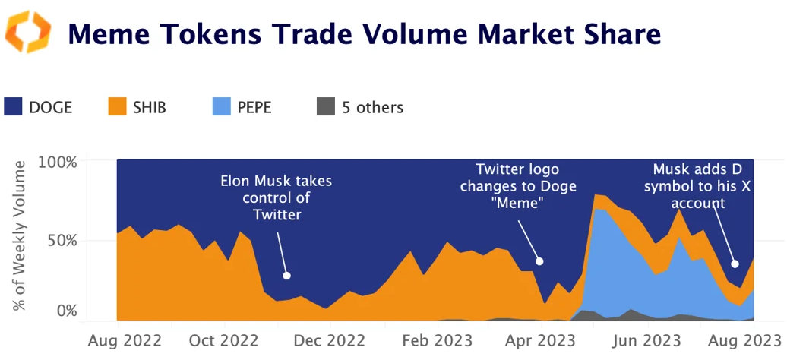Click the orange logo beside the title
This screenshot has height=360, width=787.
28,32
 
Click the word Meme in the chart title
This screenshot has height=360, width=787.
112,34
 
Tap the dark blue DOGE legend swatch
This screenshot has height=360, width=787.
13,107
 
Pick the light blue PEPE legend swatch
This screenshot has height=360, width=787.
221,107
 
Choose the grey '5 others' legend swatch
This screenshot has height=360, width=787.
325,107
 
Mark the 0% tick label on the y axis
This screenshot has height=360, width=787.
67,311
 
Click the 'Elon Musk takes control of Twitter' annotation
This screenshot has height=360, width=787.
276,198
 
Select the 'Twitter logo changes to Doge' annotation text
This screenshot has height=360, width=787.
526,186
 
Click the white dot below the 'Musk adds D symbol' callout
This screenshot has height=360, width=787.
735,264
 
